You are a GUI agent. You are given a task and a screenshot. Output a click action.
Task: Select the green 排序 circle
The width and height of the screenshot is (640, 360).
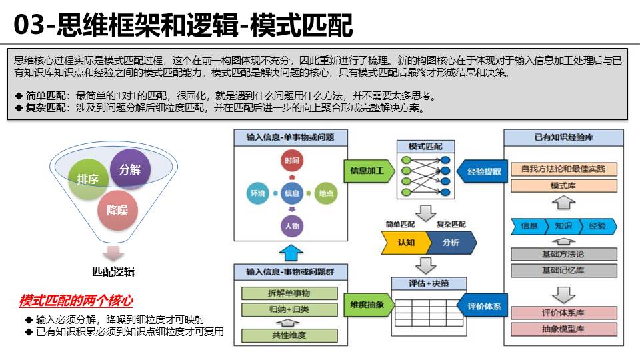pos(89,179)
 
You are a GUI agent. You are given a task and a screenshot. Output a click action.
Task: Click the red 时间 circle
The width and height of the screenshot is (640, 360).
pos(291,161)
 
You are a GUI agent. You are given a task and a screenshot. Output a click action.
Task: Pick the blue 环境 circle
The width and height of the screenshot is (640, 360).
pos(257,193)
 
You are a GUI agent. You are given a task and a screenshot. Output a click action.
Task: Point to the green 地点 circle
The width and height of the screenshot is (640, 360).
pos(325,193)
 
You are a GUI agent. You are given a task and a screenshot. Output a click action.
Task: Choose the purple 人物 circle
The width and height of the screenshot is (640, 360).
pos(291,226)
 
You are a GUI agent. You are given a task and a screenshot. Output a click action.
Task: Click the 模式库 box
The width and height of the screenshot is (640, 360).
pos(563,185)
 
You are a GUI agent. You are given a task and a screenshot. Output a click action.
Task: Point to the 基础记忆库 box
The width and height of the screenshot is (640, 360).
pos(563,270)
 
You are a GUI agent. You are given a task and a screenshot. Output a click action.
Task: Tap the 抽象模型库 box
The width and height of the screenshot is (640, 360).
pos(563,329)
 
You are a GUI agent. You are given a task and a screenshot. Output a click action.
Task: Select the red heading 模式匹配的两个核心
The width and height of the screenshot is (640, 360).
pos(76,301)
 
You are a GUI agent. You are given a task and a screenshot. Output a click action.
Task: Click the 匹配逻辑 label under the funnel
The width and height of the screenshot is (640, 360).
pos(114,271)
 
